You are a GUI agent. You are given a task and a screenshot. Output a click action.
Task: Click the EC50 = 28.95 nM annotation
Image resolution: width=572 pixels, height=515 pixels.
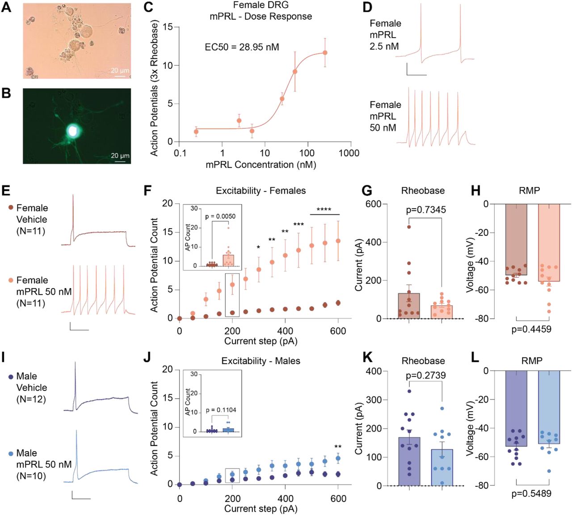pyautogui.click(x=242, y=47)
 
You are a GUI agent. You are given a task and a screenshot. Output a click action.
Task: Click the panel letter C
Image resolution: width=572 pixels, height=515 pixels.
pyautogui.click(x=148, y=8)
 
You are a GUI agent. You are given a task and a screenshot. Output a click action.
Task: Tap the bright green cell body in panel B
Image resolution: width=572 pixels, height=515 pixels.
pyautogui.click(x=72, y=130)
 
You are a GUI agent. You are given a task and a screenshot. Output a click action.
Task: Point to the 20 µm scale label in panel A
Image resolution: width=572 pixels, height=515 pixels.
pyautogui.click(x=120, y=70)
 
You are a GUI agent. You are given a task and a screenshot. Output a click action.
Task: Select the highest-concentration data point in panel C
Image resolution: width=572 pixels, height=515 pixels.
pyautogui.click(x=325, y=53)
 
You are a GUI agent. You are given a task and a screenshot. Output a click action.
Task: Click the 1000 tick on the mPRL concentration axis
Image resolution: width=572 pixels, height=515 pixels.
pyautogui.click(x=349, y=153)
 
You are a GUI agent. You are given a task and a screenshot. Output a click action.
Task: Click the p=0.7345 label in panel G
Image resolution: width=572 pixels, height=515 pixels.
pyautogui.click(x=425, y=210)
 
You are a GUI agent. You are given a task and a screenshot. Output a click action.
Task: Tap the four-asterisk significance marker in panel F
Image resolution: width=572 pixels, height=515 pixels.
pyautogui.click(x=324, y=209)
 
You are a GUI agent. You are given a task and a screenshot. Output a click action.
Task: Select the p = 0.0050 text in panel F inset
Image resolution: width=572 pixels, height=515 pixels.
pyautogui.click(x=220, y=217)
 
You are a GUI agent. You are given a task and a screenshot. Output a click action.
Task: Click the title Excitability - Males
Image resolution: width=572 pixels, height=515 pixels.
pyautogui.click(x=261, y=361)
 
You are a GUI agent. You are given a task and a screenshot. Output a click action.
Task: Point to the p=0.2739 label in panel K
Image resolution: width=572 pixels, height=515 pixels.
pyautogui.click(x=425, y=375)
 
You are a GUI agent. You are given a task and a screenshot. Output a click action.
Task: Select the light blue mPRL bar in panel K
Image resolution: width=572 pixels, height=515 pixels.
pyautogui.click(x=442, y=467)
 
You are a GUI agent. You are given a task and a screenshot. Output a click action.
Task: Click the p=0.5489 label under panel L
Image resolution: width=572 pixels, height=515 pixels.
pyautogui.click(x=531, y=494)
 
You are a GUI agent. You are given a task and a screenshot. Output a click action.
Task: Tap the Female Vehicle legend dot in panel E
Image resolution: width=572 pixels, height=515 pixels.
pyautogui.click(x=11, y=208)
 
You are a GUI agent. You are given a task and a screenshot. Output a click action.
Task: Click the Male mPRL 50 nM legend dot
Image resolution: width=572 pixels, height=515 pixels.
pyautogui.click(x=11, y=453)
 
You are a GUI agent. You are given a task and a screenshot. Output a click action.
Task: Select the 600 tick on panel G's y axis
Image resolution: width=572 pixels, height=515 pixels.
pyautogui.click(x=373, y=204)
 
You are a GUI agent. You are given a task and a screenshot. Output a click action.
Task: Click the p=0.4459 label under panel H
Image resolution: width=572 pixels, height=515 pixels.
pyautogui.click(x=531, y=329)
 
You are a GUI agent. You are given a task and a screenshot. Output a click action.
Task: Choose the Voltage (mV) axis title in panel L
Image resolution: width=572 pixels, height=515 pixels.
pyautogui.click(x=469, y=428)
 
